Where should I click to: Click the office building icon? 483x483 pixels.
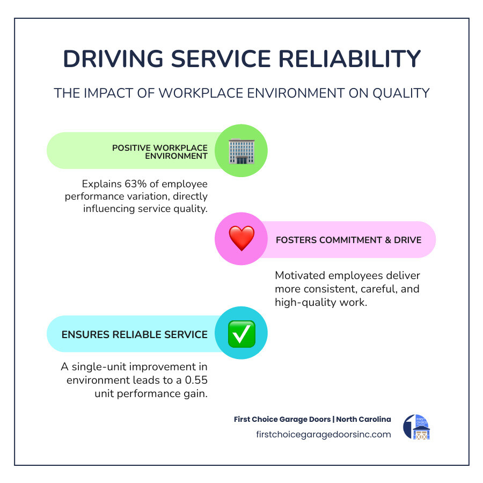click(x=241, y=151)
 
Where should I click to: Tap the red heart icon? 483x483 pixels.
click(x=241, y=239)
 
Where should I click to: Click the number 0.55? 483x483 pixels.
click(x=195, y=380)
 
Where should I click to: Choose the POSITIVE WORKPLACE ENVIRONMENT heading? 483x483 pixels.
click(x=159, y=152)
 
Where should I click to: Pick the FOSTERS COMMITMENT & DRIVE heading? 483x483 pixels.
click(x=348, y=240)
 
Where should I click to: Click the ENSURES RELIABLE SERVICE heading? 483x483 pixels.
click(x=134, y=334)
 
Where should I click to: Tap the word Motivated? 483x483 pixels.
click(x=302, y=276)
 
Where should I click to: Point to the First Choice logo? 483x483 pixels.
click(x=416, y=427)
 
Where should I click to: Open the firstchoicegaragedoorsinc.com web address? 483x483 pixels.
click(x=324, y=434)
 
